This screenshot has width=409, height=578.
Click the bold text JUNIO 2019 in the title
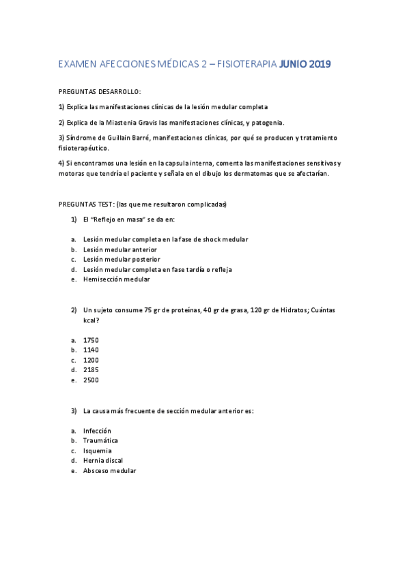[x=305, y=65]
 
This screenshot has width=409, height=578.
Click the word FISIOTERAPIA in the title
[x=246, y=65]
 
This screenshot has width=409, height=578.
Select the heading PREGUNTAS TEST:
[x=86, y=204]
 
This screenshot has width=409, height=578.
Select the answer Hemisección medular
[x=116, y=279]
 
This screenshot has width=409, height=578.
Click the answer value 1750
[x=91, y=340]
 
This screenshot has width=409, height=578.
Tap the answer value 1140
[x=91, y=350]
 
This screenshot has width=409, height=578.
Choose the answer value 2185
[x=91, y=370]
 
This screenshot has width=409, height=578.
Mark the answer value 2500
[x=91, y=380]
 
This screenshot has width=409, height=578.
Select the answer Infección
[x=97, y=431]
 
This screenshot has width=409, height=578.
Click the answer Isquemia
[x=98, y=451]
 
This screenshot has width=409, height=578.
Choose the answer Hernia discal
[x=103, y=461]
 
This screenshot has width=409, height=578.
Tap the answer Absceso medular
[x=109, y=471]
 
